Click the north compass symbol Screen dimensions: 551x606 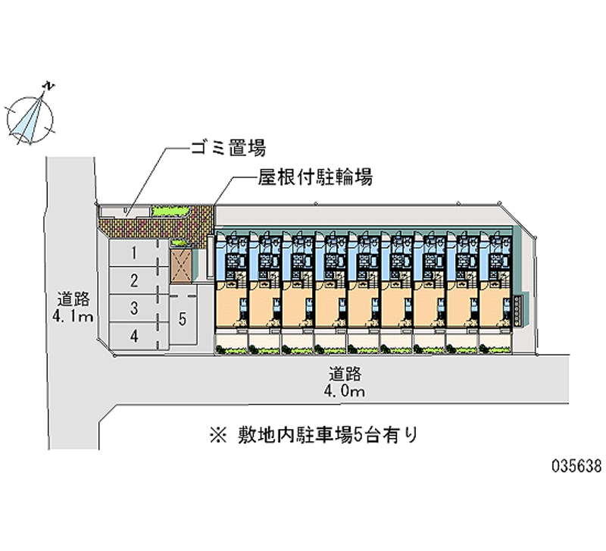pyautogui.click(x=31, y=116)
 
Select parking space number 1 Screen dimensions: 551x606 pyautogui.click(x=133, y=252)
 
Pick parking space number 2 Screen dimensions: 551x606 pyautogui.click(x=133, y=281)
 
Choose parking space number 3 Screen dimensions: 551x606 pyautogui.click(x=133, y=308)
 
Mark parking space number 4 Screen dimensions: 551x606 pyautogui.click(x=133, y=336)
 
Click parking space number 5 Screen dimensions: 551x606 pyautogui.click(x=182, y=319)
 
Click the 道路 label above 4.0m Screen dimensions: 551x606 pyautogui.click(x=345, y=374)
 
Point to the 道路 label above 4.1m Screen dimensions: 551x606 pyautogui.click(x=73, y=298)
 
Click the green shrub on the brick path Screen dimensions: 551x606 pyautogui.click(x=171, y=211)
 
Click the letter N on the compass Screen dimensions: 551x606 pyautogui.click(x=48, y=86)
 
